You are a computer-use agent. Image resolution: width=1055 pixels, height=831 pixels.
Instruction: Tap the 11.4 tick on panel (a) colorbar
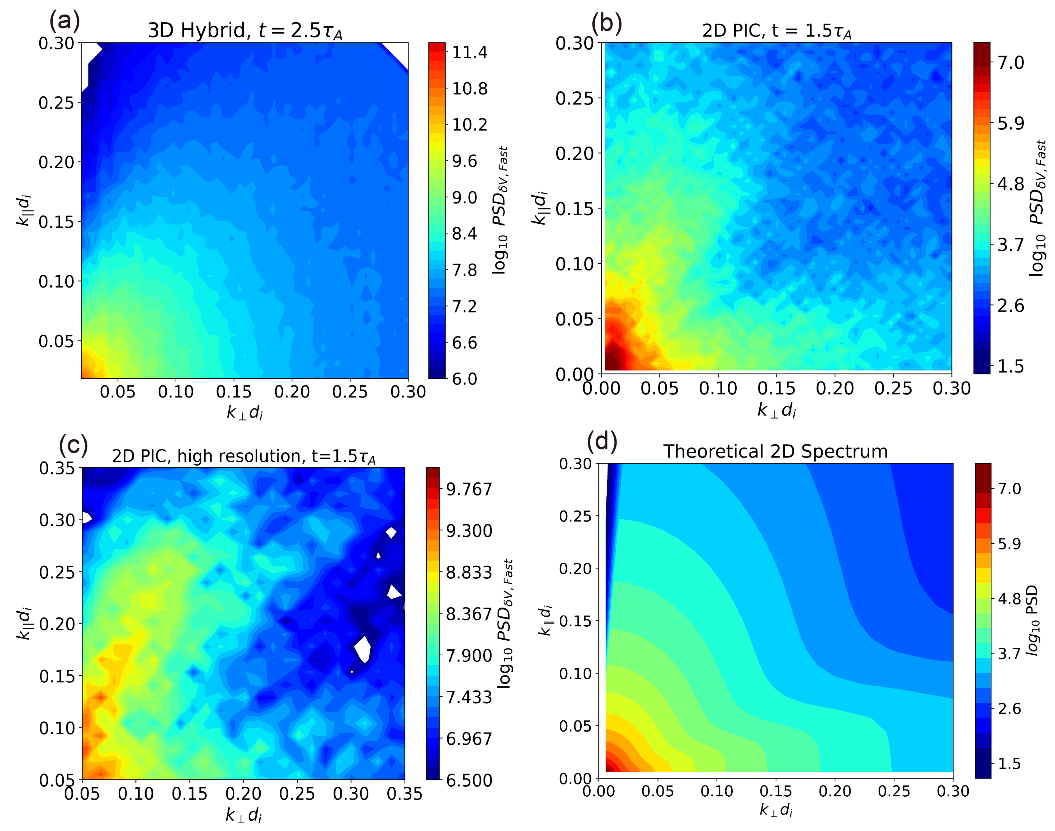click(x=469, y=52)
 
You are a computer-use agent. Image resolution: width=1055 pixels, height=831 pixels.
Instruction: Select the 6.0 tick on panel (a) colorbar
click(x=464, y=379)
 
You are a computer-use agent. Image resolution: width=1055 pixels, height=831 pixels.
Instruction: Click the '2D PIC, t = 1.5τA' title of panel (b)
click(x=776, y=31)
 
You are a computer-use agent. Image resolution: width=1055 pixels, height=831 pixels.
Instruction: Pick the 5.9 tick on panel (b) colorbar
click(x=1010, y=123)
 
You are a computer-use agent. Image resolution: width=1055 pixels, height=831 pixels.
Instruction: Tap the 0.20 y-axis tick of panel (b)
click(x=575, y=153)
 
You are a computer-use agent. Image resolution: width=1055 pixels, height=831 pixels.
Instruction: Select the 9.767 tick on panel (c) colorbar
click(x=469, y=489)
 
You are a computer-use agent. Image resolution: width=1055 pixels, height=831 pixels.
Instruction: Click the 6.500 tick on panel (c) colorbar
click(x=469, y=780)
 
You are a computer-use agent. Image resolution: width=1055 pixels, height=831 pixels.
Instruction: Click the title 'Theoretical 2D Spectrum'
click(x=775, y=451)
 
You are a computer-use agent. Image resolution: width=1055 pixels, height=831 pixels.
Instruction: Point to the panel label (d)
click(x=602, y=441)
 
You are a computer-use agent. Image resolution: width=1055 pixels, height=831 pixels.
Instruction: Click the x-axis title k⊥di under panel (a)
click(x=245, y=413)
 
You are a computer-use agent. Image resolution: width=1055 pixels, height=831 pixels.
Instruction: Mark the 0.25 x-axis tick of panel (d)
click(x=893, y=792)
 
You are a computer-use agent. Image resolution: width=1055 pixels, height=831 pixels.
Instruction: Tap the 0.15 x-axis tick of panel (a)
click(x=234, y=392)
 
